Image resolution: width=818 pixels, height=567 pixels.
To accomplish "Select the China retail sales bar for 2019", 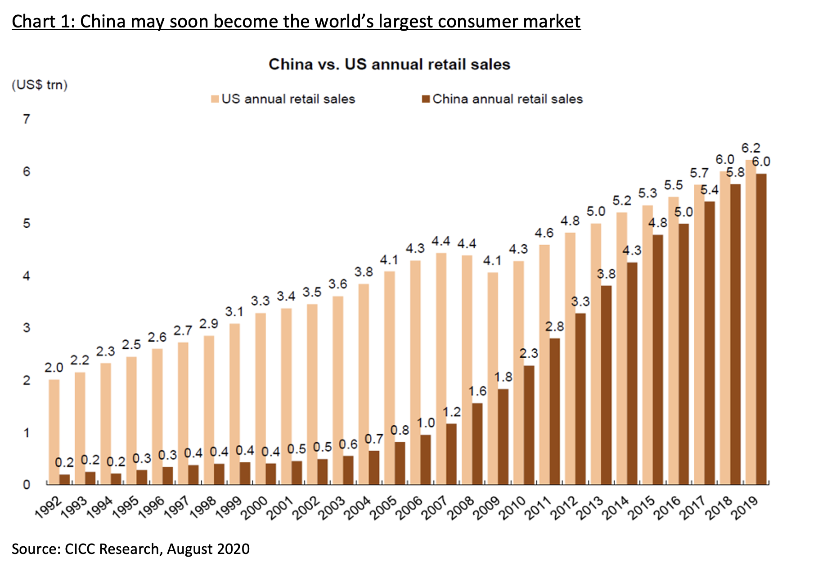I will (x=761, y=328).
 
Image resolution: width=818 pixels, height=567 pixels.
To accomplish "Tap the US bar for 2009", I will (x=493, y=378).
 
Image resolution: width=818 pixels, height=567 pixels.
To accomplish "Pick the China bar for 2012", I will (x=580, y=398).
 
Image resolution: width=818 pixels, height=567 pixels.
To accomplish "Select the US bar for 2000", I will (x=260, y=398).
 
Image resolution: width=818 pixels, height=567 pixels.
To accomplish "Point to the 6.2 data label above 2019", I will (x=751, y=148).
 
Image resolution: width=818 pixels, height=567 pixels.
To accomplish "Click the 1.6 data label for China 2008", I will (x=477, y=391).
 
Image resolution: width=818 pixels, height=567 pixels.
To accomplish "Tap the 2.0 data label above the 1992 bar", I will (x=54, y=368).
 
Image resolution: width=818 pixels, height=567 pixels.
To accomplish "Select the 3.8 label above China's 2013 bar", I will (x=606, y=274).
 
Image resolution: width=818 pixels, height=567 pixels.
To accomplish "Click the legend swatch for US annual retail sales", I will (x=215, y=99).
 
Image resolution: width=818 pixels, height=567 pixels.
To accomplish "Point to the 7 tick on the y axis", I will (x=27, y=119).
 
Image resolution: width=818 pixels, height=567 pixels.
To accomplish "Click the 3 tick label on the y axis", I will (x=27, y=328).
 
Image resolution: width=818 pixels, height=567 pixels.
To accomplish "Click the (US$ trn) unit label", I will (x=40, y=85).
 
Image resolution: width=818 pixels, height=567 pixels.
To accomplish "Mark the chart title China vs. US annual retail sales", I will (x=389, y=64).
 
